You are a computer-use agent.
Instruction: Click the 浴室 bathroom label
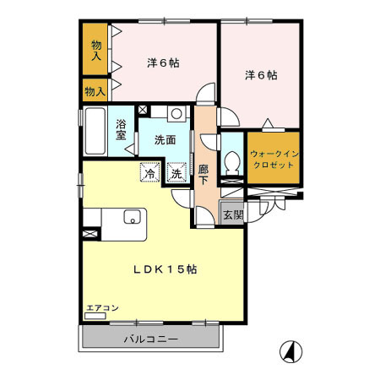(x=121, y=132)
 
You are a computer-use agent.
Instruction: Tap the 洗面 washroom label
(x=164, y=140)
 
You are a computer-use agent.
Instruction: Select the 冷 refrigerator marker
(x=150, y=173)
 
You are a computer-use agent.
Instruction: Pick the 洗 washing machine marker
(x=177, y=173)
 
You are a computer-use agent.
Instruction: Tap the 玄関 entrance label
(x=232, y=214)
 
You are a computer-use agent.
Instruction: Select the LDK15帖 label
(x=165, y=269)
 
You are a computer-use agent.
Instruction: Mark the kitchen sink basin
(x=132, y=217)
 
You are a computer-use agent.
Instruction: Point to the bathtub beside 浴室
(x=95, y=131)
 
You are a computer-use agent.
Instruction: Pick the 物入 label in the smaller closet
(x=95, y=90)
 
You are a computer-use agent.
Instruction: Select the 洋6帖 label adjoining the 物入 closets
(x=162, y=62)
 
